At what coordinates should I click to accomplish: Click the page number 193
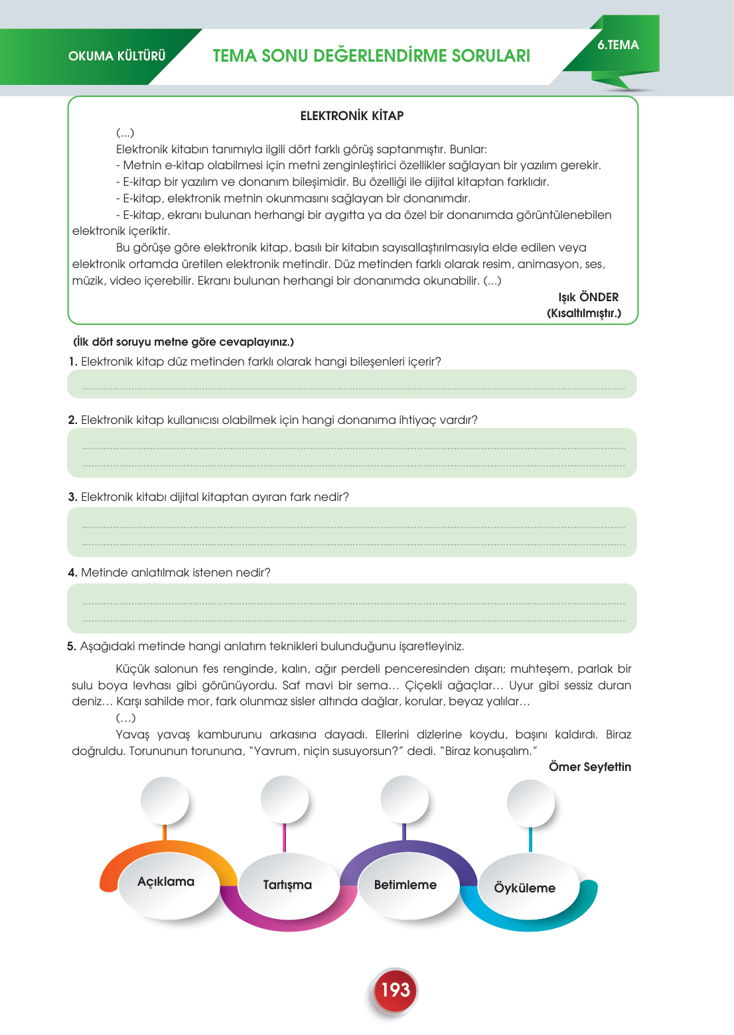pos(396,990)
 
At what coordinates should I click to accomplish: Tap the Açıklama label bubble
pos(166,882)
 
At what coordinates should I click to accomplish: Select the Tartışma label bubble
pos(287,885)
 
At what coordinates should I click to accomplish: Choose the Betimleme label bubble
pos(405,885)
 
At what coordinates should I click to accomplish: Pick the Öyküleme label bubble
pos(524,888)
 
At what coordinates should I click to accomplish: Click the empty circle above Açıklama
pos(165,800)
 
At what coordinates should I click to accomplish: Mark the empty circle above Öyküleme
pos(530,803)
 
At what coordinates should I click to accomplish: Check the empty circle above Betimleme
pos(404,799)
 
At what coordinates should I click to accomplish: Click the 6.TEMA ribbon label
pos(618,45)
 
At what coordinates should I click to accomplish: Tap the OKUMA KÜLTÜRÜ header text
pos(117,56)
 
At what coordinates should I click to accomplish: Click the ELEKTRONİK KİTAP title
pos(352,116)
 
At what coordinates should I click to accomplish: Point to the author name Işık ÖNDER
pos(588,297)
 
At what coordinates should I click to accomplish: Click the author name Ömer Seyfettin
pos(589,767)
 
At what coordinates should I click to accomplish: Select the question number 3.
pos(72,497)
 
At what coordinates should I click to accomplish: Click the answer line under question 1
pos(353,389)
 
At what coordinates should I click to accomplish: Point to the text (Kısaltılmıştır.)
pos(584,313)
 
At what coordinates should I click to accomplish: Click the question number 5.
pos(72,646)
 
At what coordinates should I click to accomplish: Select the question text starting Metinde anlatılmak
pos(175,573)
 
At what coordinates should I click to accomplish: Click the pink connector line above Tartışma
pos(284,837)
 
